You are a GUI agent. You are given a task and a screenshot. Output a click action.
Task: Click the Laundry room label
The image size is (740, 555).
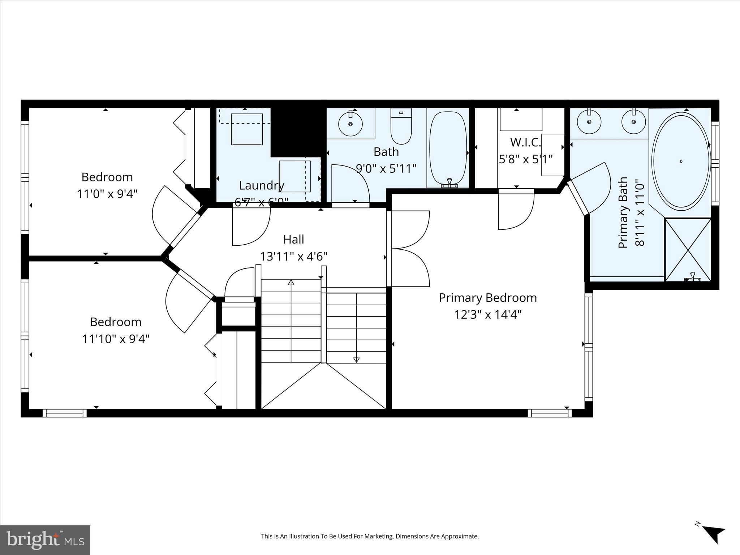(x=261, y=185)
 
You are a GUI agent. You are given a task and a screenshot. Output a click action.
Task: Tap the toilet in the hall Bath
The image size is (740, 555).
(x=401, y=128)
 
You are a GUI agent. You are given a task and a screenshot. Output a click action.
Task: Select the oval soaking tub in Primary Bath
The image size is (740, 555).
(x=681, y=161)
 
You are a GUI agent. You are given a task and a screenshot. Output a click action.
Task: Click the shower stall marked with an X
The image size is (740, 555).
(x=688, y=249)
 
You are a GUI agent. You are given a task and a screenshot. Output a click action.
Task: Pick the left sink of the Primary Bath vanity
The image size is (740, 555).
(x=589, y=122)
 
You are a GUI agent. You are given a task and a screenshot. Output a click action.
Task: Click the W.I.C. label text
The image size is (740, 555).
(x=525, y=142)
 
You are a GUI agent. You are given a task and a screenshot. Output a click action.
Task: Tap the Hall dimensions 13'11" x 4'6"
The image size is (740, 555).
(x=293, y=257)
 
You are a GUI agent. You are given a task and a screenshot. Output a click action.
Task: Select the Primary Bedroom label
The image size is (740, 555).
(x=487, y=298)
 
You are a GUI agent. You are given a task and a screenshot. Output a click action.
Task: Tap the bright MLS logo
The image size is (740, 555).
(x=45, y=540)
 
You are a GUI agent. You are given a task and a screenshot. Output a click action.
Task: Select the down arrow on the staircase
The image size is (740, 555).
(x=356, y=359)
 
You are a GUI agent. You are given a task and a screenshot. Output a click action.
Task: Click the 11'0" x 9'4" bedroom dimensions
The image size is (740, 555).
(x=107, y=194)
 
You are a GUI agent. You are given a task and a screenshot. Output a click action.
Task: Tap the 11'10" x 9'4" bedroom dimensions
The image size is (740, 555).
(x=116, y=339)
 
